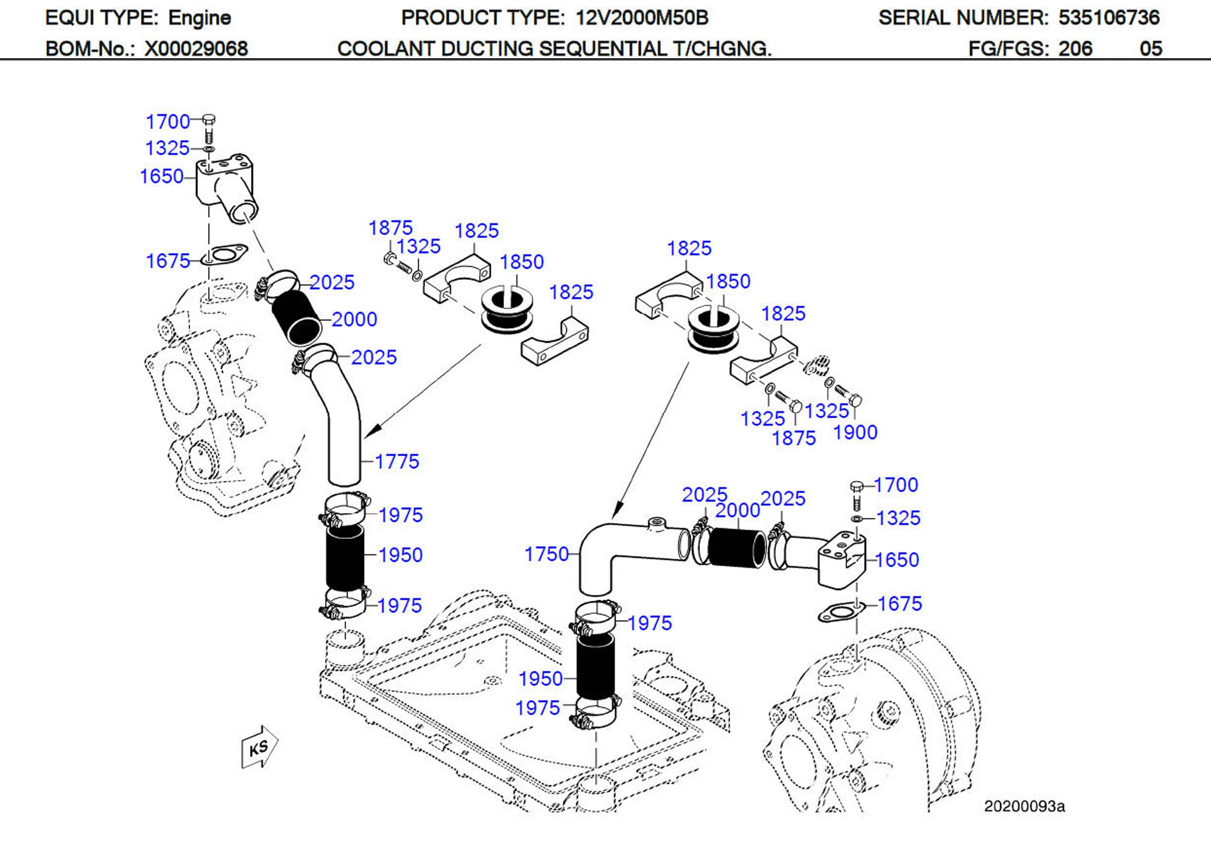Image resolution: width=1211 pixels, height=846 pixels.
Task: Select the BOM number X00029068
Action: click(196, 48)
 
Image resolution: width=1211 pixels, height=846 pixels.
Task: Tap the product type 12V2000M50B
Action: click(641, 18)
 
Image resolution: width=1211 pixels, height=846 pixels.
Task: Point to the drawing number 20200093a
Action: click(1024, 806)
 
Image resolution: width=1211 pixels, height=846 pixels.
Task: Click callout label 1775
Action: click(397, 461)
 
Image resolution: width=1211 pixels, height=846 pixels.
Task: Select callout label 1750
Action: click(546, 554)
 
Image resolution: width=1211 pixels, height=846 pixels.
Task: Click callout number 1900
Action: click(854, 432)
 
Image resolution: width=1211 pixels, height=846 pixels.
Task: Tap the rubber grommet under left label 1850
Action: click(507, 311)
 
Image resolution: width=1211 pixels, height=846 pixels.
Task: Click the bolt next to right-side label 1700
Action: click(856, 494)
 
